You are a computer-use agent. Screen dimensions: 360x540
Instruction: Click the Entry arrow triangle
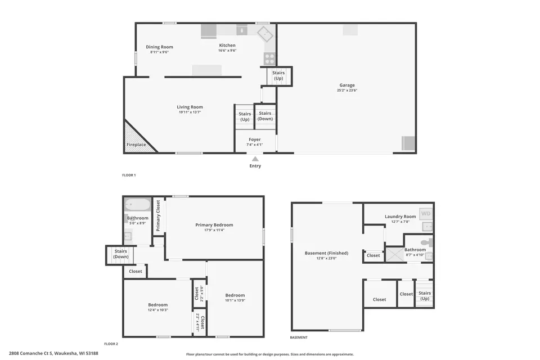pyautogui.click(x=255, y=159)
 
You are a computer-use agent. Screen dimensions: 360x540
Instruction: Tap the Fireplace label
pyautogui.click(x=136, y=145)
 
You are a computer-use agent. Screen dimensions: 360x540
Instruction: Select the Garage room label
pyautogui.click(x=347, y=85)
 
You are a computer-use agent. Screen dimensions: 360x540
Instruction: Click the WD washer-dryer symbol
pyautogui.click(x=426, y=213)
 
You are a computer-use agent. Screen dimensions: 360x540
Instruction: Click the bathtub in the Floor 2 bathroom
pyautogui.click(x=138, y=204)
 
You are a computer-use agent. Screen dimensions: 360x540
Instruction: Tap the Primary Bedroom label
pyautogui.click(x=214, y=225)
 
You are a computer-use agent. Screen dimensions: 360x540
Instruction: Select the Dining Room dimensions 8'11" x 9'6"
pyautogui.click(x=159, y=52)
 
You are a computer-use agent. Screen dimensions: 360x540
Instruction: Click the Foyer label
pyautogui.click(x=255, y=139)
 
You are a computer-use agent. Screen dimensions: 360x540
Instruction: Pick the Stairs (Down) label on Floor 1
pyautogui.click(x=265, y=116)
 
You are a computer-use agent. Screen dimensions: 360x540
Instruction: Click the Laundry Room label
pyautogui.click(x=400, y=217)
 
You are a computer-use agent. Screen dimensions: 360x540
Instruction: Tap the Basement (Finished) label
pyautogui.click(x=326, y=253)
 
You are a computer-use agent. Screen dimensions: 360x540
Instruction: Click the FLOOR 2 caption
pyautogui.click(x=111, y=344)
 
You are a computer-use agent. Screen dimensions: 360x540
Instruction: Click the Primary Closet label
pyautogui.click(x=158, y=215)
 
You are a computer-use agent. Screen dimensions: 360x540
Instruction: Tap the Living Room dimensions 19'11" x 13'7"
pyautogui.click(x=190, y=112)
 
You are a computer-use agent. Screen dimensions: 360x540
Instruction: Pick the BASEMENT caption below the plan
pyautogui.click(x=299, y=337)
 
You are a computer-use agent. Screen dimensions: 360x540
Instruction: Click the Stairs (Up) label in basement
pyautogui.click(x=425, y=295)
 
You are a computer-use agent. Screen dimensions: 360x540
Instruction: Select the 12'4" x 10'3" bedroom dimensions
pyautogui.click(x=158, y=310)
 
